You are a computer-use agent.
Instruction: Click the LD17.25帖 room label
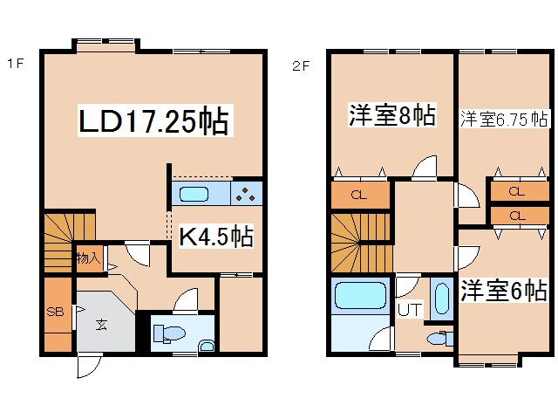153,121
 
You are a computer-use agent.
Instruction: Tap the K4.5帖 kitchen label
217,236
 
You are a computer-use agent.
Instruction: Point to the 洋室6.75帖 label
504,118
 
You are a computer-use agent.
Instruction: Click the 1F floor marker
14,63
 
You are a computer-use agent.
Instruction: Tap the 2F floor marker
301,63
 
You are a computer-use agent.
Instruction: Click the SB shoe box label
54,312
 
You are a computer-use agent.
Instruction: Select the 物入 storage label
87,258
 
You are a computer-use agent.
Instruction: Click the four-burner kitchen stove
247,194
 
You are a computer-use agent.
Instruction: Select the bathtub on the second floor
358,298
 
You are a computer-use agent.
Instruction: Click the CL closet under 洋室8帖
360,195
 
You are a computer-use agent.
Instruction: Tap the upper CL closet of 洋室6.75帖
515,191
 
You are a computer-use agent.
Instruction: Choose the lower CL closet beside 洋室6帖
515,215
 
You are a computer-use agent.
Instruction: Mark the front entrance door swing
88,367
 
